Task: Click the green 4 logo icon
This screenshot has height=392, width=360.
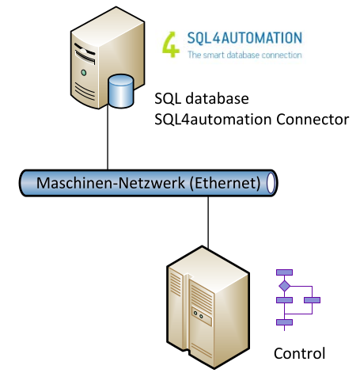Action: [x=171, y=44]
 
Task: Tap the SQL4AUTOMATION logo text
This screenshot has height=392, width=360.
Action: [x=244, y=38]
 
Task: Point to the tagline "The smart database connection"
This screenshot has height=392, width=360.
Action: [x=244, y=55]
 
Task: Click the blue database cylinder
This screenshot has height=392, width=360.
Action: [x=121, y=91]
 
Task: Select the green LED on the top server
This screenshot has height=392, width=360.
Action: [x=84, y=73]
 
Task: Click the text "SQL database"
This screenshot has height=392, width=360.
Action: [x=202, y=99]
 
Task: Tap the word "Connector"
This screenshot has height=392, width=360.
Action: [x=313, y=120]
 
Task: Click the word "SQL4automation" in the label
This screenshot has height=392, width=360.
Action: [x=213, y=120]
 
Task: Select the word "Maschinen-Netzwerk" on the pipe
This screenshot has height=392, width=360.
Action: [x=111, y=183]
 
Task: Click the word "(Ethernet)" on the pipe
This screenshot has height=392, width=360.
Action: [x=225, y=183]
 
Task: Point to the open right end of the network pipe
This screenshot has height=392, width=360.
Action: [x=271, y=183]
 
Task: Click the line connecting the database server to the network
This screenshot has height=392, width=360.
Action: [x=108, y=137]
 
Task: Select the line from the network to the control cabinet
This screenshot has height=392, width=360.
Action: [x=208, y=223]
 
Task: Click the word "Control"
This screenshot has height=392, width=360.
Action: [x=299, y=353]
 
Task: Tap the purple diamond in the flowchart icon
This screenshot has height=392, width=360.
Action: [x=285, y=286]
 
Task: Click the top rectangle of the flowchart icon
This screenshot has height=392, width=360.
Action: [x=284, y=272]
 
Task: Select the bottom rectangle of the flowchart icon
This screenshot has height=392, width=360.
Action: [x=284, y=322]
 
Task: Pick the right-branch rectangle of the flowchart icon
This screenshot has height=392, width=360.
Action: [x=312, y=300]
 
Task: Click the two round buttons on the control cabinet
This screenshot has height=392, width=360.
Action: [x=198, y=314]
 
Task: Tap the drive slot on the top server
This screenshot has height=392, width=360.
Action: [x=85, y=57]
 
